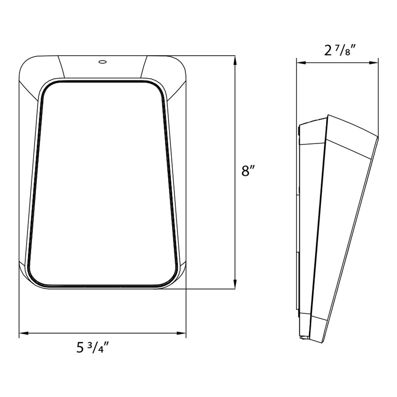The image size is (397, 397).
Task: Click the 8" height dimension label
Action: [x=248, y=171]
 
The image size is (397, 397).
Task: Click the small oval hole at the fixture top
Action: [x=102, y=62]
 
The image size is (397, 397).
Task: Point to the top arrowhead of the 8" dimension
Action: [x=235, y=60]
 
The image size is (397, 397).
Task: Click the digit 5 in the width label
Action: [x=80, y=348]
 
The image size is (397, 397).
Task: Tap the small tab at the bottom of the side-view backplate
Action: [x=304, y=337]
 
